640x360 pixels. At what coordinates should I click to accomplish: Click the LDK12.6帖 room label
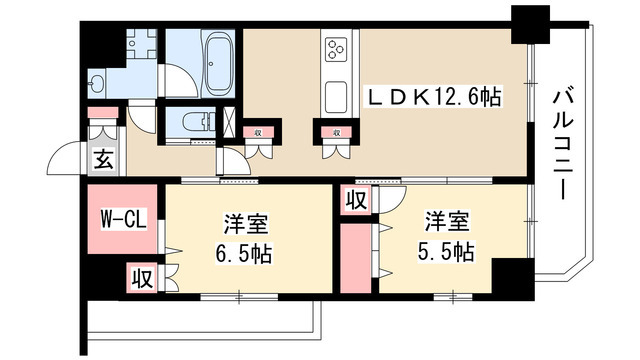point(435,98)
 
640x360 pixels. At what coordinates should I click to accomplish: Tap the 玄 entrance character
point(103,157)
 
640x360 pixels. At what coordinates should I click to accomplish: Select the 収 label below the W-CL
point(141,277)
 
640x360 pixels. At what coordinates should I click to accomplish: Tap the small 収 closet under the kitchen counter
point(335,131)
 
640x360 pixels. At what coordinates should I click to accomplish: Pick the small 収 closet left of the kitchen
point(258,131)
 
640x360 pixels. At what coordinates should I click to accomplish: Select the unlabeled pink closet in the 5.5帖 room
point(355,258)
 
